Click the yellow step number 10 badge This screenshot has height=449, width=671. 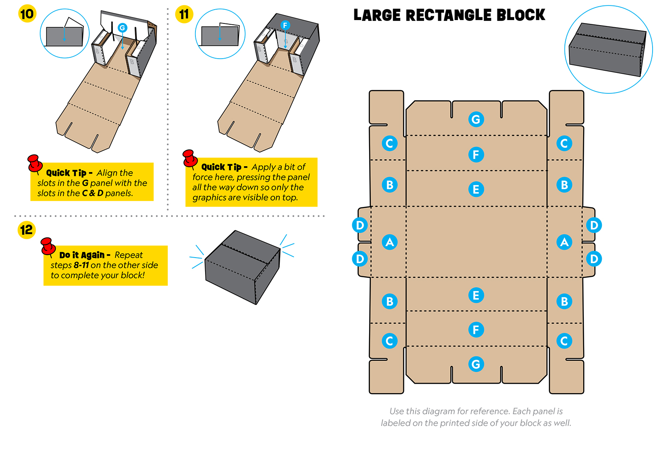click(27, 14)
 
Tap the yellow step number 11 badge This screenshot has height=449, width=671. click(184, 14)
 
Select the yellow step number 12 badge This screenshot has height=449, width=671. click(26, 230)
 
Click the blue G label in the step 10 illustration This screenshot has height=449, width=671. click(122, 28)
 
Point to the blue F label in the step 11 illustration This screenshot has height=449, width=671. click(285, 25)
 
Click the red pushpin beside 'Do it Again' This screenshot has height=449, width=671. click(48, 246)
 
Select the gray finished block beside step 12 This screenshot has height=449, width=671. click(242, 267)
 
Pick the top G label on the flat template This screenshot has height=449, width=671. click(476, 119)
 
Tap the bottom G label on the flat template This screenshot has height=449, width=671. click(476, 364)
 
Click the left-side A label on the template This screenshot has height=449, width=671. click(390, 242)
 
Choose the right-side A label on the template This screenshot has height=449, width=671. click(564, 242)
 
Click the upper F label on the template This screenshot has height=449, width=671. click(476, 155)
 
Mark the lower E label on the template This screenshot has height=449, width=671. click(476, 295)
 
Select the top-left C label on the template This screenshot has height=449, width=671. click(390, 143)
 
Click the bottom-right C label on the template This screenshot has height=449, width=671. click(564, 341)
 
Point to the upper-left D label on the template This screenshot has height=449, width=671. click(360, 225)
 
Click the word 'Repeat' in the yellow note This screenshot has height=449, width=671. click(128, 255)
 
